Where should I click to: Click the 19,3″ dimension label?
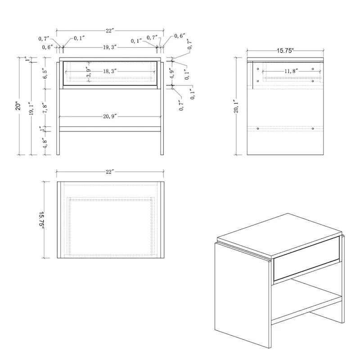tap(110, 47)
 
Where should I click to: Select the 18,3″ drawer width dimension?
tap(110, 72)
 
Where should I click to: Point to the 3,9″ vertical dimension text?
tap(88, 72)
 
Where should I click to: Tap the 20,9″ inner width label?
tap(110, 117)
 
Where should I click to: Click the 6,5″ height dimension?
tap(45, 74)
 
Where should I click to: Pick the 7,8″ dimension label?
tap(45, 108)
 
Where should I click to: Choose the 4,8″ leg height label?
tap(45, 143)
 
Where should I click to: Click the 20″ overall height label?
tap(18, 106)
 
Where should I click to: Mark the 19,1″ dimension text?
tap(31, 108)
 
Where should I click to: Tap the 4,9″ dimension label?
tap(172, 73)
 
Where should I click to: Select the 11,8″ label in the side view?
tap(292, 71)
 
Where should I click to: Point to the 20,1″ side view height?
tap(236, 106)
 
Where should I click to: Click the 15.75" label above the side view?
tap(285, 51)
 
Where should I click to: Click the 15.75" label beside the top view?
tap(41, 220)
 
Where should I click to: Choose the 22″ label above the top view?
tap(110, 172)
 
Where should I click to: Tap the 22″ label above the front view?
tap(110, 31)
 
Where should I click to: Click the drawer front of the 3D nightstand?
tap(306, 259)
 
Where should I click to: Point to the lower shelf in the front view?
tap(110, 129)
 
